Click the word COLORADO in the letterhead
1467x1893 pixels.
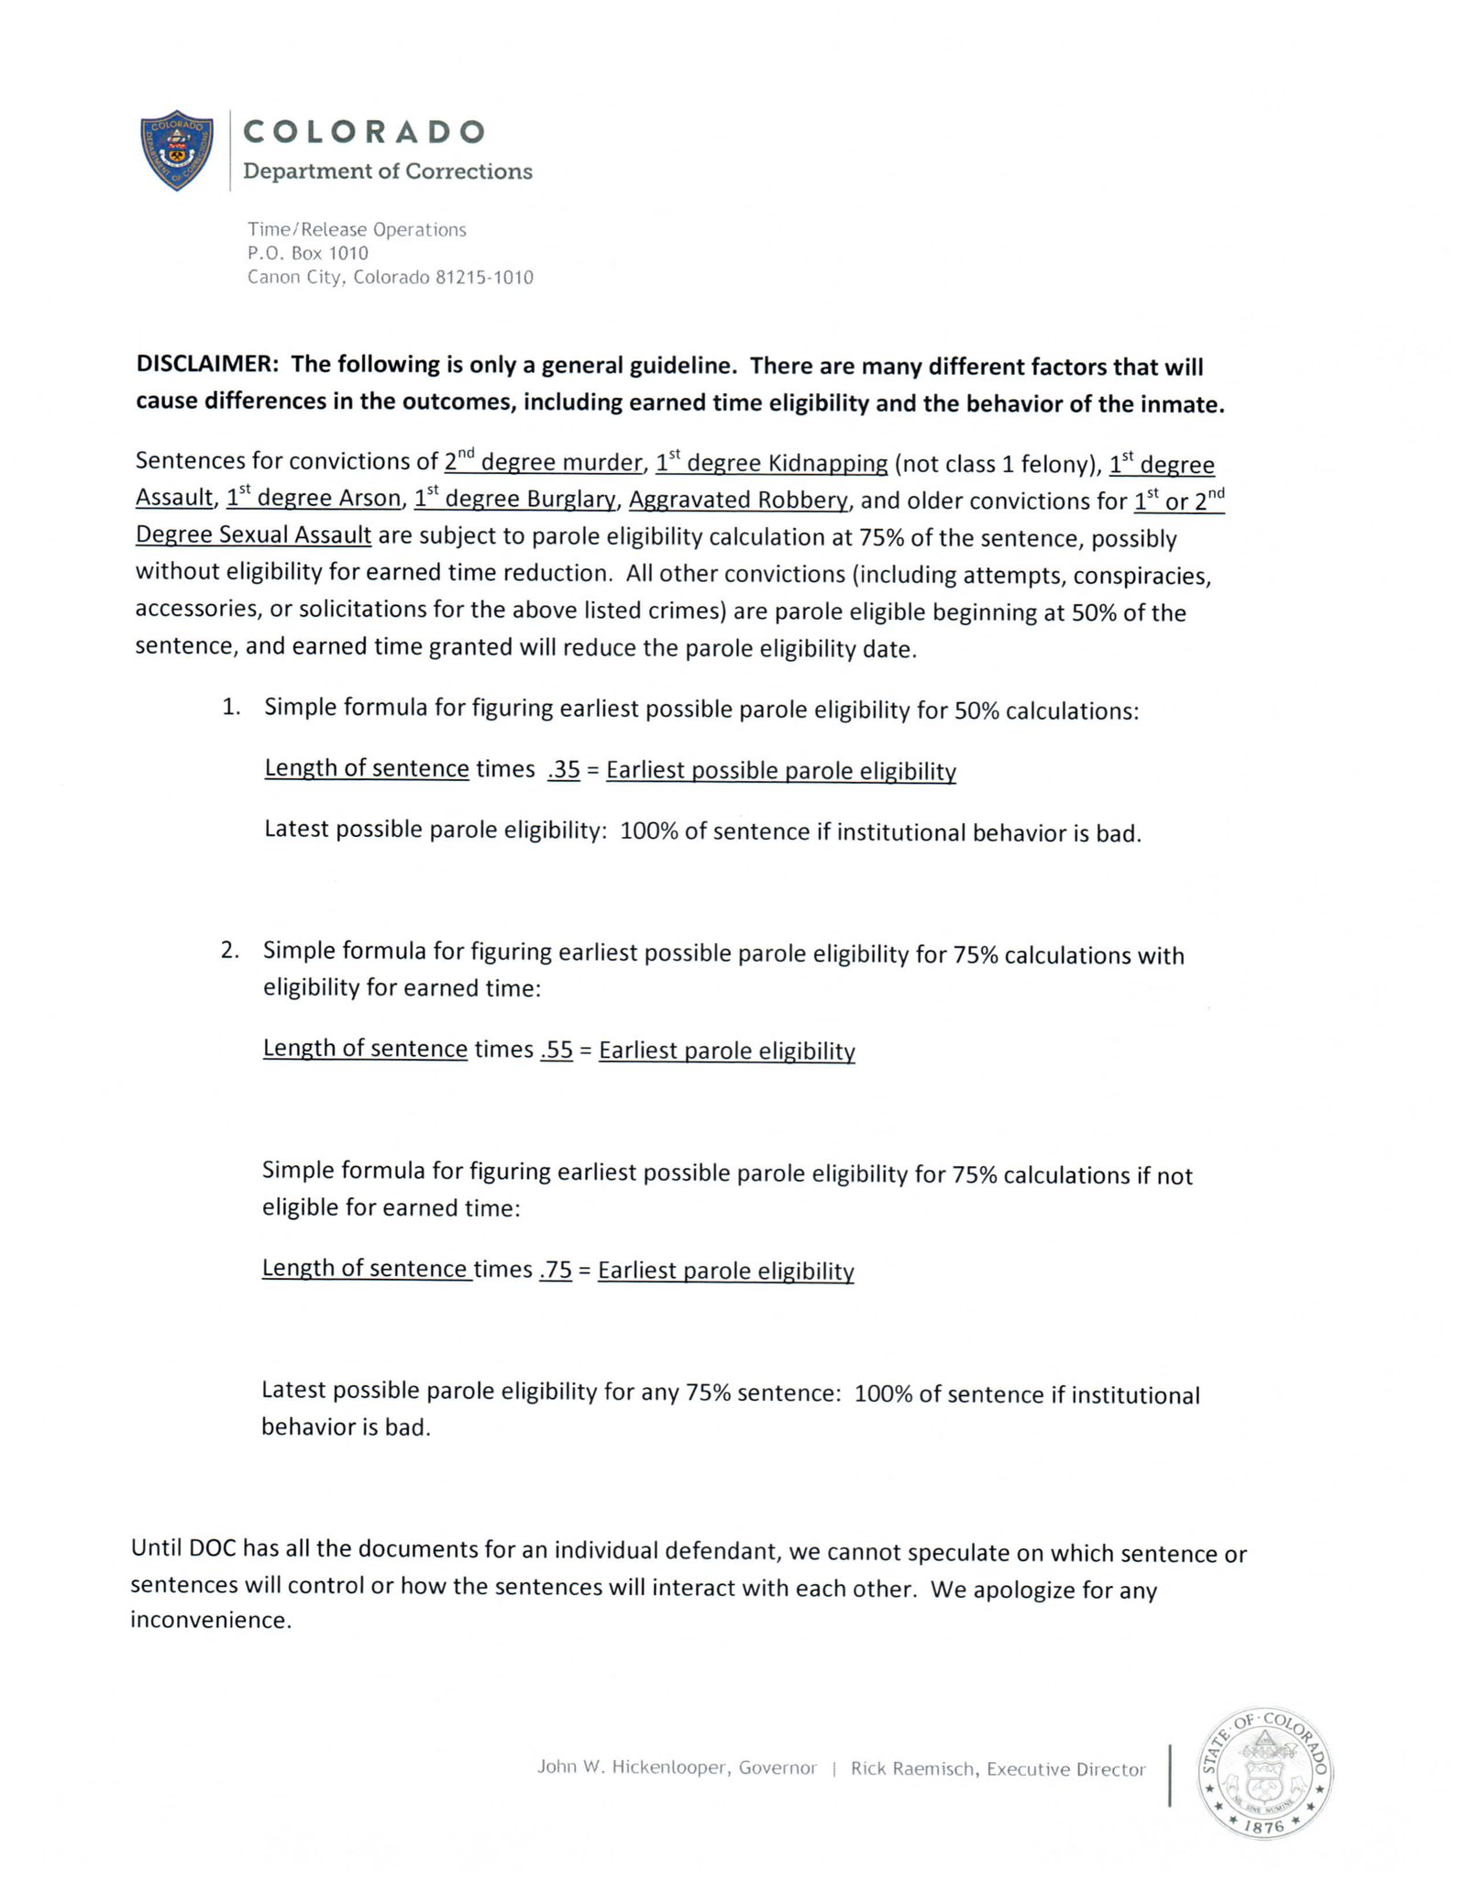(363, 132)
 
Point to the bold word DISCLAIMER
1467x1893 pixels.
(207, 364)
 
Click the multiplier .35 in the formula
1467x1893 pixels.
(564, 769)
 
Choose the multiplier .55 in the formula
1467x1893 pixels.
(557, 1049)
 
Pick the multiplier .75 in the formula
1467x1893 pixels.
(556, 1269)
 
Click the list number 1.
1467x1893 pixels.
(230, 707)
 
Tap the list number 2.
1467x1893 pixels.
(229, 950)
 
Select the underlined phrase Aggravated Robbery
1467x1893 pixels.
(738, 500)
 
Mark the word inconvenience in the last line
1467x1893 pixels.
(211, 1620)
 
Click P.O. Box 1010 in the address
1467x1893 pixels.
(307, 253)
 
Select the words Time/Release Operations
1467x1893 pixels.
(357, 229)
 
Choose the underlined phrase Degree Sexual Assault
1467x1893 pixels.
(253, 534)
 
